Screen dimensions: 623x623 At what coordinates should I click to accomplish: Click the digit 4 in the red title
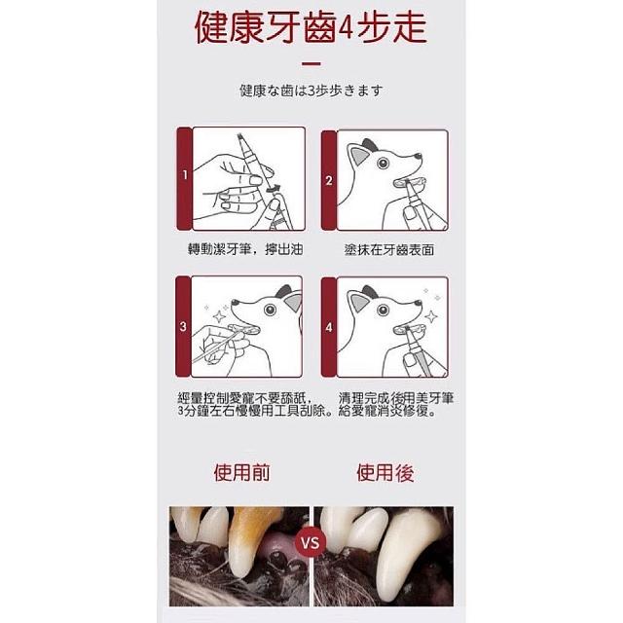tap(346, 28)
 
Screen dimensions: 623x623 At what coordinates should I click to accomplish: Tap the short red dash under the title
tap(311, 63)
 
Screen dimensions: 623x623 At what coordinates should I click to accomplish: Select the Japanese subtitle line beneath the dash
tap(311, 91)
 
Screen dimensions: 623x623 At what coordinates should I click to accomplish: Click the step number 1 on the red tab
tap(185, 174)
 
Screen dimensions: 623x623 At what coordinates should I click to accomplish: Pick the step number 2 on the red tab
tap(329, 180)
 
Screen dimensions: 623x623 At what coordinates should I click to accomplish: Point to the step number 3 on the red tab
tap(183, 327)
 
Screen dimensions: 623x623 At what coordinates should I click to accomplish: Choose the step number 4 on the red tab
tap(329, 328)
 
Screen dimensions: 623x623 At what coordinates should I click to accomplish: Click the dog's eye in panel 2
tap(383, 163)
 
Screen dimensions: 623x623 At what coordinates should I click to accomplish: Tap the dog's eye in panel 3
tap(270, 310)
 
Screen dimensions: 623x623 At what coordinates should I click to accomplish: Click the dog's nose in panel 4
tap(418, 303)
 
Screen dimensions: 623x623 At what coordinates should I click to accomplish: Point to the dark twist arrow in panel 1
tap(274, 188)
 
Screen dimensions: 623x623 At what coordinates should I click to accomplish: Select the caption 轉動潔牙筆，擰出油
tap(245, 249)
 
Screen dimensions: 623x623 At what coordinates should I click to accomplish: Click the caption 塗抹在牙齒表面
tap(389, 249)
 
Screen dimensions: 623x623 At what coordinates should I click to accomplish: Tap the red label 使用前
tap(241, 472)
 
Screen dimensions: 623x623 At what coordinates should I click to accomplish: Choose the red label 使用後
tap(385, 472)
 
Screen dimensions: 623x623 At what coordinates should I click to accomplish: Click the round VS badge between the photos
tap(311, 542)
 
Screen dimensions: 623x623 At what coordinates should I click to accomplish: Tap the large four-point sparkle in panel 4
tap(431, 316)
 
